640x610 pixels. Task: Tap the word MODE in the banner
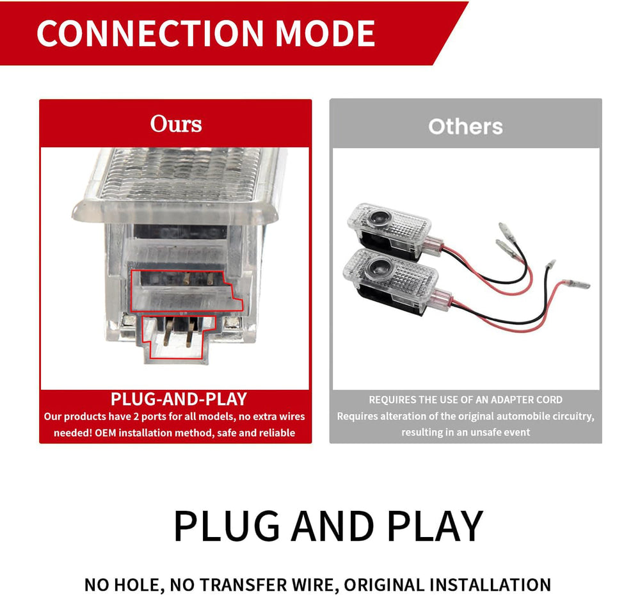(x=325, y=33)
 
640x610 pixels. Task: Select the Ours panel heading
(x=176, y=124)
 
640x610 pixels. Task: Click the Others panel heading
(x=465, y=127)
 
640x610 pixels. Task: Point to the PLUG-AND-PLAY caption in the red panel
(x=179, y=399)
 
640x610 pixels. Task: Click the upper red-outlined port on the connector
(x=186, y=291)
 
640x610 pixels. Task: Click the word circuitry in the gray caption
(x=573, y=416)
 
